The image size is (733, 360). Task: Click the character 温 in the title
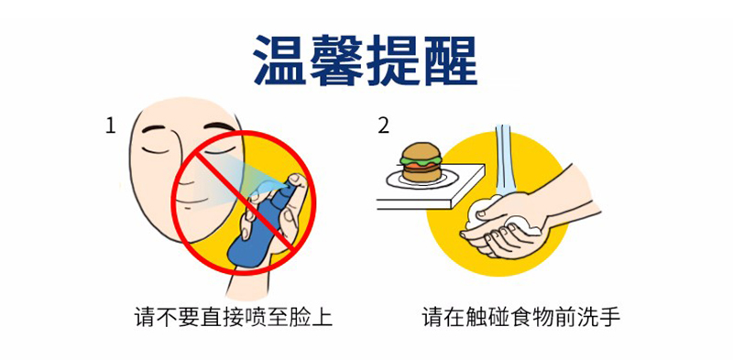280,60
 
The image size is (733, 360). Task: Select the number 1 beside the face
110,126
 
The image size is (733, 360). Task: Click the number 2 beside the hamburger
384,126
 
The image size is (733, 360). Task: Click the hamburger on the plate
421,162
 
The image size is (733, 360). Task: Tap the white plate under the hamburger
421,179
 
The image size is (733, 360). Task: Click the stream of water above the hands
503,159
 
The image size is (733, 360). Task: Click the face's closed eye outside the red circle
155,150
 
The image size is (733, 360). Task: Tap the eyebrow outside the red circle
154,127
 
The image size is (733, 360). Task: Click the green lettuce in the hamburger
421,160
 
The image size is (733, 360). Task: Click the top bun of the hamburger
421,150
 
